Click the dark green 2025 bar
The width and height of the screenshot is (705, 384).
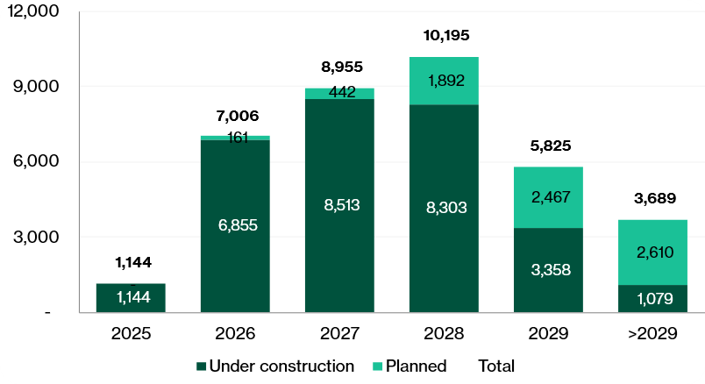click(x=131, y=297)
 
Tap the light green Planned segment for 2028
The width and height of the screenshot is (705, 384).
click(x=444, y=81)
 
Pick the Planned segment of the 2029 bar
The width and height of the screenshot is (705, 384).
click(x=548, y=197)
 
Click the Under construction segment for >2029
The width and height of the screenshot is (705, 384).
click(x=652, y=298)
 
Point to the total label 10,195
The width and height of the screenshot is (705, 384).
click(x=446, y=36)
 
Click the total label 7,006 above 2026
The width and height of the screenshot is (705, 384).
click(x=238, y=116)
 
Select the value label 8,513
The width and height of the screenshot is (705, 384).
click(x=339, y=205)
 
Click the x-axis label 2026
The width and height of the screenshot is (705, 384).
click(x=235, y=334)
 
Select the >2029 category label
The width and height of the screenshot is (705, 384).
click(x=652, y=334)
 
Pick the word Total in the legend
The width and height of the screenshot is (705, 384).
click(x=496, y=366)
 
